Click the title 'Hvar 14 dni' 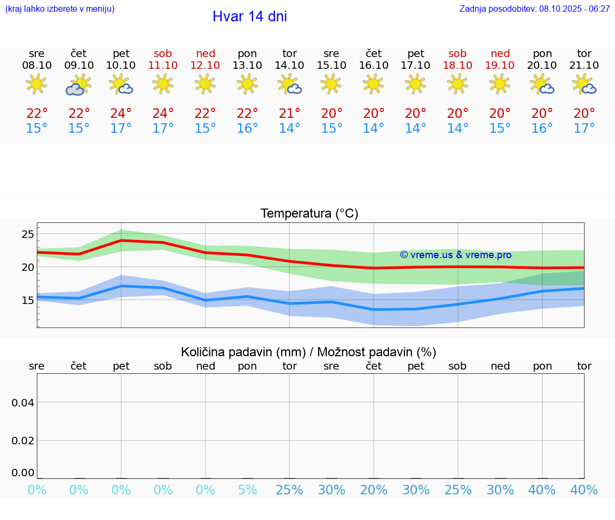tap(249, 17)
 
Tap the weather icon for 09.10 tap(78, 84)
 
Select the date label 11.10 tap(163, 65)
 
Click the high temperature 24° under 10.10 tap(121, 113)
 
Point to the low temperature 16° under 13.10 tap(247, 128)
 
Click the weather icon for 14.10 tap(289, 84)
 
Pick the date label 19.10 tap(500, 65)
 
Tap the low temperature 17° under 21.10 tap(584, 128)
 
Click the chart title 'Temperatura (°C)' tap(309, 213)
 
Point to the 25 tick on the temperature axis tap(28, 234)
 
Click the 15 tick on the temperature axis tap(28, 300)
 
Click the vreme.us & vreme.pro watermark tap(455, 255)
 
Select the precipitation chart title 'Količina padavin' tap(309, 352)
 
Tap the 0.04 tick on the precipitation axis tap(23, 403)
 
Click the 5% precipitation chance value tap(247, 490)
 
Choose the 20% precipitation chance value tap(374, 490)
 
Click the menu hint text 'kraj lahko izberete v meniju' tap(60, 9)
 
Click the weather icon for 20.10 tap(542, 84)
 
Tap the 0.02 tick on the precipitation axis tap(23, 441)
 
